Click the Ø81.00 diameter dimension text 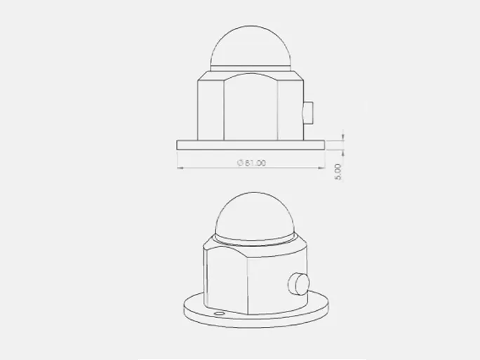252,163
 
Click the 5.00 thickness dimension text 338,172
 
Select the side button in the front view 308,113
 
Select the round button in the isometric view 299,284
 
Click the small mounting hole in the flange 219,314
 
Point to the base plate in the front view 251,145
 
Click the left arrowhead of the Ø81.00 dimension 180,168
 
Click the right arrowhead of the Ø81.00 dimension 321,168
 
